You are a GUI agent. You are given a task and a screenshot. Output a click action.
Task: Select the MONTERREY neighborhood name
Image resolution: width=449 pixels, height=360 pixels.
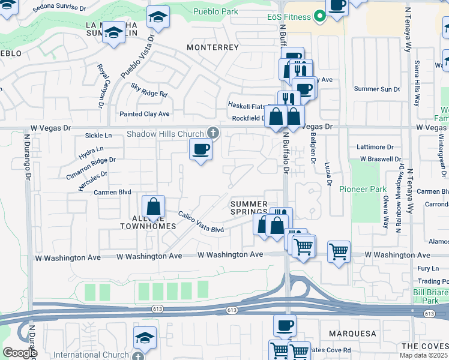pyautogui.click(x=213, y=47)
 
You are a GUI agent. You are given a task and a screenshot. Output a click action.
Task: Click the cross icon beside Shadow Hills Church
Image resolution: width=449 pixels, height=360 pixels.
pyautogui.click(x=212, y=133)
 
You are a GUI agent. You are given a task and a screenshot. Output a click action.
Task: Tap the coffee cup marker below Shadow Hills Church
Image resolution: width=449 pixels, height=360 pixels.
pyautogui.click(x=200, y=149)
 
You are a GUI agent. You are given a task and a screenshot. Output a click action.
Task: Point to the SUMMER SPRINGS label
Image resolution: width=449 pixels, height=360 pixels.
pyautogui.click(x=249, y=208)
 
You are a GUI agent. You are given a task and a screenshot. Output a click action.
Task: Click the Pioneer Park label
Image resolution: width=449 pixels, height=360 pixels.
pyautogui.click(x=363, y=189)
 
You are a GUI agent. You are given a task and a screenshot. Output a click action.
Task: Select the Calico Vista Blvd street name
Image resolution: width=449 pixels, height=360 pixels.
pyautogui.click(x=200, y=222)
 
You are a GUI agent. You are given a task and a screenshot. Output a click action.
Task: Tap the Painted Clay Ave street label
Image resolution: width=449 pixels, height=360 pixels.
pyautogui.click(x=144, y=114)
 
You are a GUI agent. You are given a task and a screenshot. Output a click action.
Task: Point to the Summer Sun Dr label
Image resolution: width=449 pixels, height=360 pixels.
pyautogui.click(x=376, y=89)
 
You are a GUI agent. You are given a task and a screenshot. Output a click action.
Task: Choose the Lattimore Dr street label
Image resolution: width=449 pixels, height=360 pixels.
pyautogui.click(x=375, y=146)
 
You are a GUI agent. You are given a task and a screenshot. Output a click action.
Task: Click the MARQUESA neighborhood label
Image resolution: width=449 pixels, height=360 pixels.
pyautogui.click(x=352, y=333)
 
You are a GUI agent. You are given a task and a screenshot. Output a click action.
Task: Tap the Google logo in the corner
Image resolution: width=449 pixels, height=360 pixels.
pyautogui.click(x=20, y=353)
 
